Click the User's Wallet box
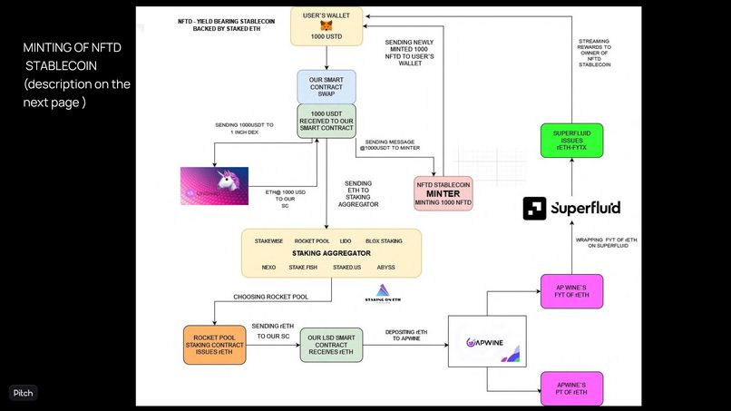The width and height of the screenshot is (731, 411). click(327, 26)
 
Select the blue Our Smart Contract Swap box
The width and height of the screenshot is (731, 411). click(327, 87)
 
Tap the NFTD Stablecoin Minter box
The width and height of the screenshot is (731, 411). click(444, 192)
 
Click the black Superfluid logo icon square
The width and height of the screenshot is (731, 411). click(534, 209)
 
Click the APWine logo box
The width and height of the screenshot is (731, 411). click(488, 341)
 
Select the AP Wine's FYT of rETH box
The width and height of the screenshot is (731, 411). click(571, 293)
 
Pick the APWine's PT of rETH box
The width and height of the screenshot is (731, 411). click(571, 388)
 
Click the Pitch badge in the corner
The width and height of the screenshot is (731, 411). click(23, 393)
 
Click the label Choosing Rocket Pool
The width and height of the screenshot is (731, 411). click(269, 297)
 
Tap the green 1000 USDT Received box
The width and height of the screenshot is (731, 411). click(327, 122)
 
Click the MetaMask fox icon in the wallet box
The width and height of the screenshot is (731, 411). click(327, 26)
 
